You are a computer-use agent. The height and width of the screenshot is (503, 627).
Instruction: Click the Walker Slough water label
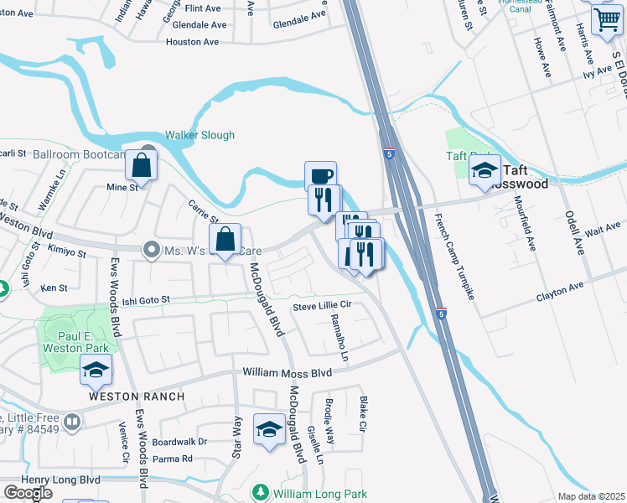pos(199,135)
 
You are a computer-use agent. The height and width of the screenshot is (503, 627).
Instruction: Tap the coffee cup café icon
pos(320,176)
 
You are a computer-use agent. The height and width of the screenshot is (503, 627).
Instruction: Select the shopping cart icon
pos(606,19)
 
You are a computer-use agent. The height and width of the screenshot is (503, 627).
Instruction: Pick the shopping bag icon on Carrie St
pos(225,241)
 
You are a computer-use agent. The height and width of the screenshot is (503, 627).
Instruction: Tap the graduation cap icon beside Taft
pos(484,171)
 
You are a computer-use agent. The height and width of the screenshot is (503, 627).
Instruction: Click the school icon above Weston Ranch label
pos(96,370)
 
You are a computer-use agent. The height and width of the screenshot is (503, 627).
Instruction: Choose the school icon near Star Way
pos(268,430)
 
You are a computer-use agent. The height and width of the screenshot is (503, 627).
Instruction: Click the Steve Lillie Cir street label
pos(321,307)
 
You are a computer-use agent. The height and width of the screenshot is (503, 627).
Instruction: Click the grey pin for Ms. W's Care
pos(152,248)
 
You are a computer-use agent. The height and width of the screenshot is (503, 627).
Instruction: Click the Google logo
pos(28,493)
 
